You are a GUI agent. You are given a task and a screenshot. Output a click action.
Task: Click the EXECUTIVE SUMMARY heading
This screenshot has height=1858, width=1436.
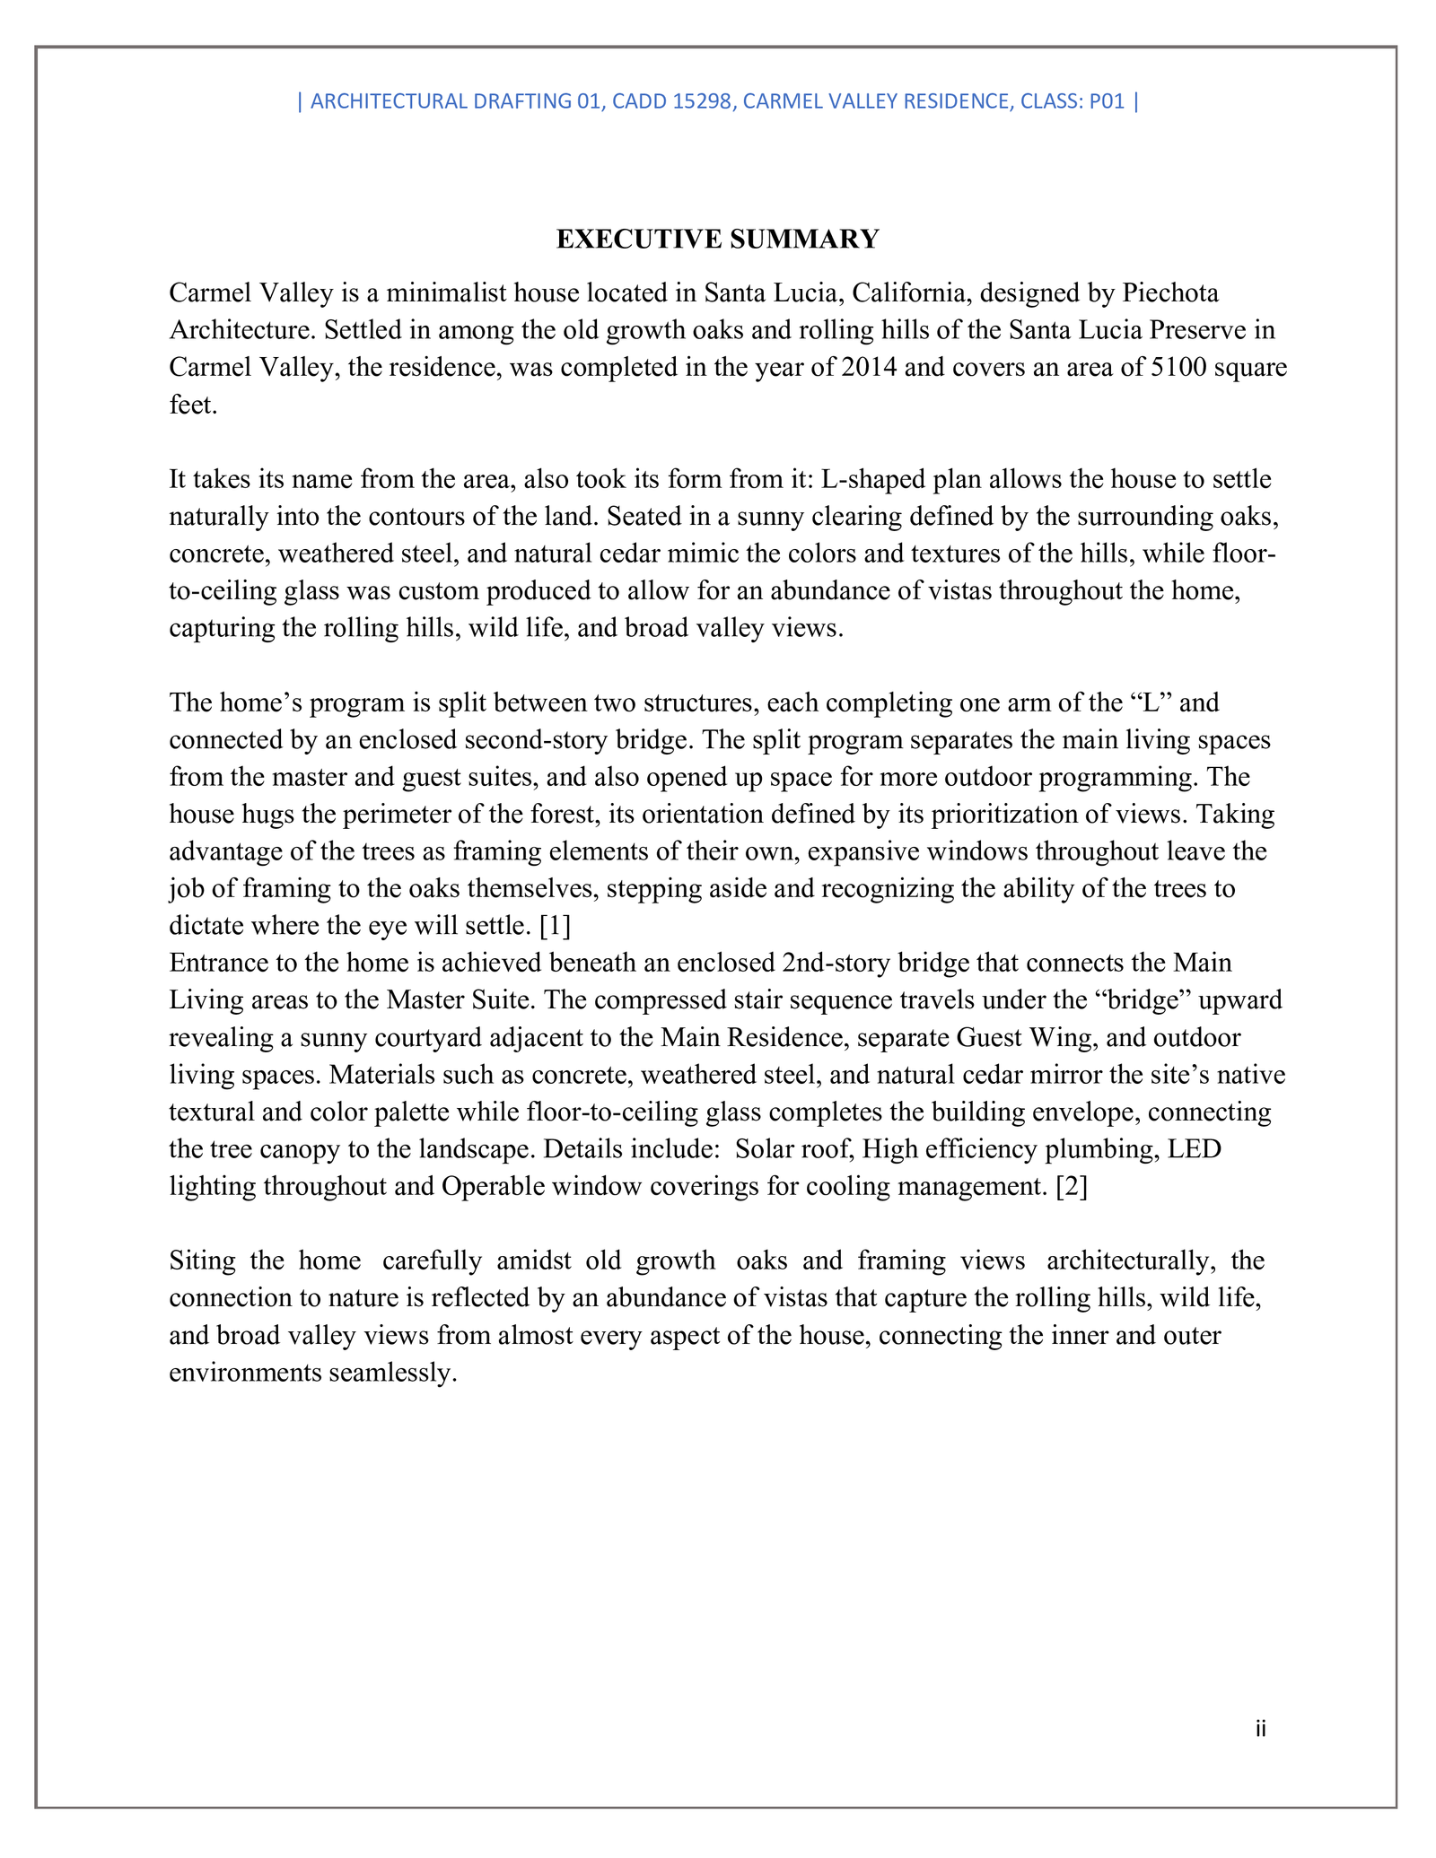pos(717,240)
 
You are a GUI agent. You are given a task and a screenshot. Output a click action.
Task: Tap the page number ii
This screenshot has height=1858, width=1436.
pos(1261,1728)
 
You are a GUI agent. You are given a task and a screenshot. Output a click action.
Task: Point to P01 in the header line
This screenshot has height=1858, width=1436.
pos(1107,101)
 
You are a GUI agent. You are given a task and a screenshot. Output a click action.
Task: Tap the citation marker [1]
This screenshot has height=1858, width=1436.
pos(555,925)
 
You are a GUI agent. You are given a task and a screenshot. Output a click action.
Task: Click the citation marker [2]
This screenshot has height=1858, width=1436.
pos(1072,1186)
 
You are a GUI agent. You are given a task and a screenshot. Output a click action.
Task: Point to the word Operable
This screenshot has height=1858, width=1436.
pos(496,1186)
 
